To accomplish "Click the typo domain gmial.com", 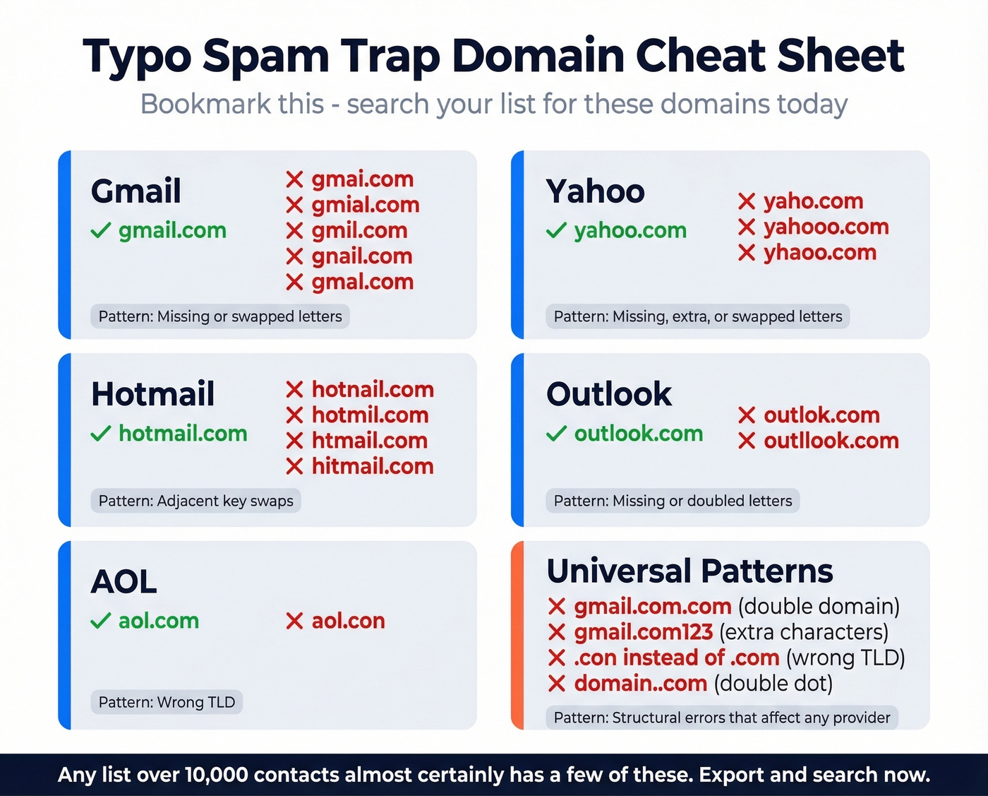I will coord(366,205).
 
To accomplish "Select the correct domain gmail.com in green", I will coord(172,230).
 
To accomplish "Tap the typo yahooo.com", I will coord(826,227).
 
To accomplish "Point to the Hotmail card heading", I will coord(152,394).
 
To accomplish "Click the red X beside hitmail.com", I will coord(294,466).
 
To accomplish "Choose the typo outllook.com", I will coord(831,441).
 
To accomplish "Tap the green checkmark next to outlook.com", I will coord(556,434).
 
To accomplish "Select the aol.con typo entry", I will coord(348,621).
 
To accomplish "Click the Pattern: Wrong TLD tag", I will coord(167,702).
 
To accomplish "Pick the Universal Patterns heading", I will coord(689,571).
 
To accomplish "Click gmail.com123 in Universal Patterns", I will coord(643,631).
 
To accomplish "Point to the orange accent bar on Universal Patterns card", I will coord(517,635).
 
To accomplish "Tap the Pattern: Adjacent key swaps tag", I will coord(195,501).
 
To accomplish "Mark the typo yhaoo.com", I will coord(819,252).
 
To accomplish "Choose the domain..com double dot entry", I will coord(640,683).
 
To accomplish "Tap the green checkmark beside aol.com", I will coord(101,621).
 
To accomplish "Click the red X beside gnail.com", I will coord(294,256).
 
